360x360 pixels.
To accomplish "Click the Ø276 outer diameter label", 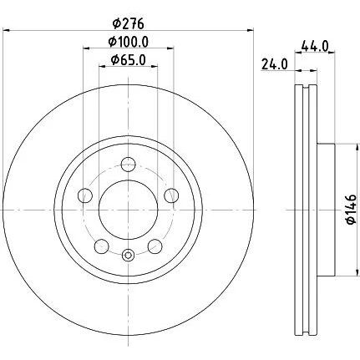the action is (x=129, y=23).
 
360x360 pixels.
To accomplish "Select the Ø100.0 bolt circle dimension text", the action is (x=129, y=42).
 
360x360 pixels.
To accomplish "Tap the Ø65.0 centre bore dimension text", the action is (x=129, y=60).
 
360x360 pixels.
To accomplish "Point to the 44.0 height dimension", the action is (x=316, y=46).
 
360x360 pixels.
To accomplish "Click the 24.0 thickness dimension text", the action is (x=274, y=65).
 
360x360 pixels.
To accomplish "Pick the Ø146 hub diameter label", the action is (x=351, y=210).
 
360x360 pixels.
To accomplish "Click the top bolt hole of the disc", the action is (x=129, y=165).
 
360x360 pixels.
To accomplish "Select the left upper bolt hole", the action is (x=85, y=195).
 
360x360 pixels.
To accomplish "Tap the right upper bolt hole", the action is (x=171, y=195).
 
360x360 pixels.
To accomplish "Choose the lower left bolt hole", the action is (x=102, y=246).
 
